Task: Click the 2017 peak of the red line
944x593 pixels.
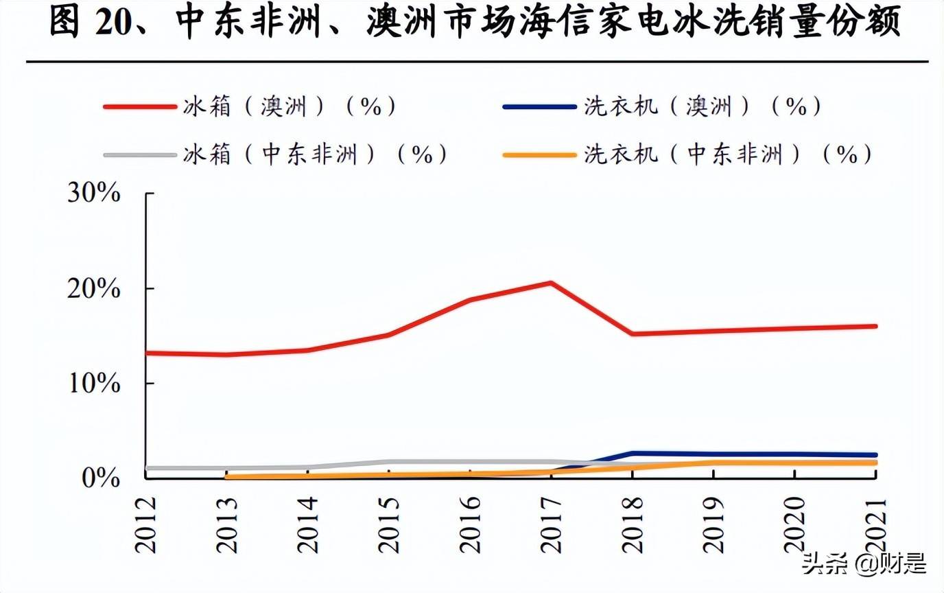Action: (551, 283)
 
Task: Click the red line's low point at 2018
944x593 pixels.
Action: (633, 334)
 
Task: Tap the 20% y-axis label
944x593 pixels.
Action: (93, 289)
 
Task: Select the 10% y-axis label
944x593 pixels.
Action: (93, 384)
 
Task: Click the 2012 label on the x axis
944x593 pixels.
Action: (146, 523)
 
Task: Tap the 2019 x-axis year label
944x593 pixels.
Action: (714, 523)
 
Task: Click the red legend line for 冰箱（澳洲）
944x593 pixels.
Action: (140, 107)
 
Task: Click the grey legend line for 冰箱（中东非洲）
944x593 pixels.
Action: (140, 155)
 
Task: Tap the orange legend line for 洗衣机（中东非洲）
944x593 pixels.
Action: (539, 155)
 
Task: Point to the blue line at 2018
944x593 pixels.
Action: (633, 454)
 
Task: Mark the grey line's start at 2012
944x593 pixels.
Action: (147, 468)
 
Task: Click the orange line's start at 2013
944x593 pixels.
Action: (227, 476)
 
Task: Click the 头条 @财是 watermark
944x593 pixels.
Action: (864, 564)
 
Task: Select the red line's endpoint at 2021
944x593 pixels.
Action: (875, 326)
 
